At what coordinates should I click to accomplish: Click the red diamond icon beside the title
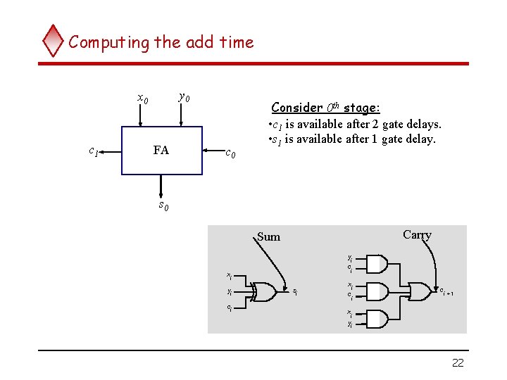(53, 42)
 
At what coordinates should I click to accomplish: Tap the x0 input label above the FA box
(142, 99)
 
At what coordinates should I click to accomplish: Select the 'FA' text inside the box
(161, 150)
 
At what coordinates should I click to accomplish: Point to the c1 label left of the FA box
(93, 150)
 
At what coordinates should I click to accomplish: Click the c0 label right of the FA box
(230, 152)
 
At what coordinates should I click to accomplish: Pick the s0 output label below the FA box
(163, 205)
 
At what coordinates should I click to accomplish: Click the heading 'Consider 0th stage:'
(325, 108)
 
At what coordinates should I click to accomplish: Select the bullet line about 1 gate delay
(351, 139)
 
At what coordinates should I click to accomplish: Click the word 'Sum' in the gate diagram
(268, 237)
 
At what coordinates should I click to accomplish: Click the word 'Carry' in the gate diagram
(417, 235)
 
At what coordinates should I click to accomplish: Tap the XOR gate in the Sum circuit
(263, 291)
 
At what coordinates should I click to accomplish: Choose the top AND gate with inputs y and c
(377, 264)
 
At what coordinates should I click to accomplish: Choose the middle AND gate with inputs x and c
(377, 291)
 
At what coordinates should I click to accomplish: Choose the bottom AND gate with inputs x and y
(377, 318)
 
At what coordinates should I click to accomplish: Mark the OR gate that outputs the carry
(422, 291)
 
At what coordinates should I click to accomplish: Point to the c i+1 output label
(446, 291)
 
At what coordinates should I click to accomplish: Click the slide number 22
(458, 362)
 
